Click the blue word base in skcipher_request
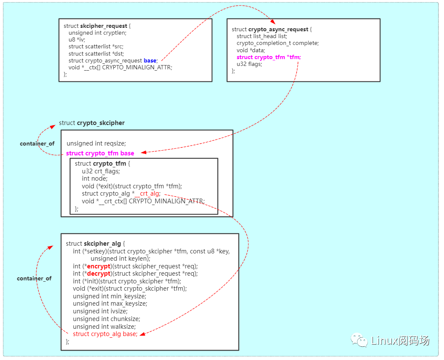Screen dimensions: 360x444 pyautogui.click(x=150, y=60)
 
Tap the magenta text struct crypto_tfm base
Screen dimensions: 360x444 pyautogui.click(x=100, y=153)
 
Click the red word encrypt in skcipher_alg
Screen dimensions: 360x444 pyautogui.click(x=98, y=266)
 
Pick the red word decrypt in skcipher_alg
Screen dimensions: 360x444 pyautogui.click(x=98, y=274)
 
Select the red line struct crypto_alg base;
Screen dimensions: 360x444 pyautogui.click(x=105, y=334)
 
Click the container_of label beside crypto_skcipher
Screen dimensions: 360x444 pyautogui.click(x=37, y=144)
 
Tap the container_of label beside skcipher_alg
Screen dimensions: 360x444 pyautogui.click(x=34, y=279)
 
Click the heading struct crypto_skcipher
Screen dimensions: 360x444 pyautogui.click(x=92, y=123)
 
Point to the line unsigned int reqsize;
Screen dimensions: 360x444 pyautogui.click(x=96, y=143)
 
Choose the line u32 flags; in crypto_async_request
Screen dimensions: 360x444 pyautogui.click(x=249, y=64)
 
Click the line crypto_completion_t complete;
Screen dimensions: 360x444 pyautogui.click(x=278, y=43)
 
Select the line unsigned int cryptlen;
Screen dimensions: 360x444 pyautogui.click(x=98, y=33)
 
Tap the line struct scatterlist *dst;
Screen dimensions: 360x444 pyautogui.click(x=99, y=54)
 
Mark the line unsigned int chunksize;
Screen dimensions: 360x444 pyautogui.click(x=107, y=319)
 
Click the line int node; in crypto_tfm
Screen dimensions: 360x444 pyautogui.click(x=95, y=179)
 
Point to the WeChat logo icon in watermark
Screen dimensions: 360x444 pyautogui.click(x=359, y=340)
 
